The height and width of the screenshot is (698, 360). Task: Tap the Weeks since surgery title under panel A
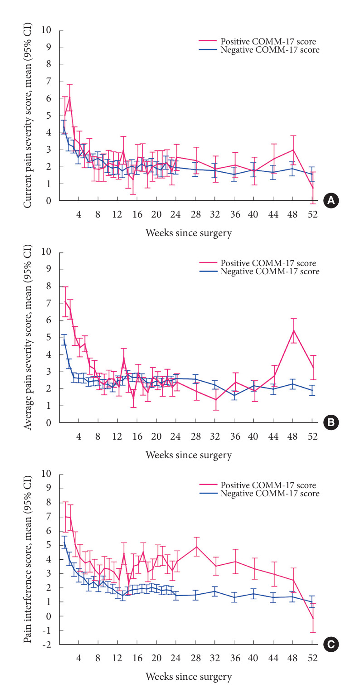[x=188, y=233]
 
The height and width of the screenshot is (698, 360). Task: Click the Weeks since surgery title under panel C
[x=188, y=677]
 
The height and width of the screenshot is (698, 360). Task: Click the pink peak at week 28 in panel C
[x=196, y=546]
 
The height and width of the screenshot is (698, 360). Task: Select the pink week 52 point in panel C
[x=312, y=618]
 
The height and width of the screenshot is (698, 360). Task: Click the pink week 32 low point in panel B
[x=215, y=400]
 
